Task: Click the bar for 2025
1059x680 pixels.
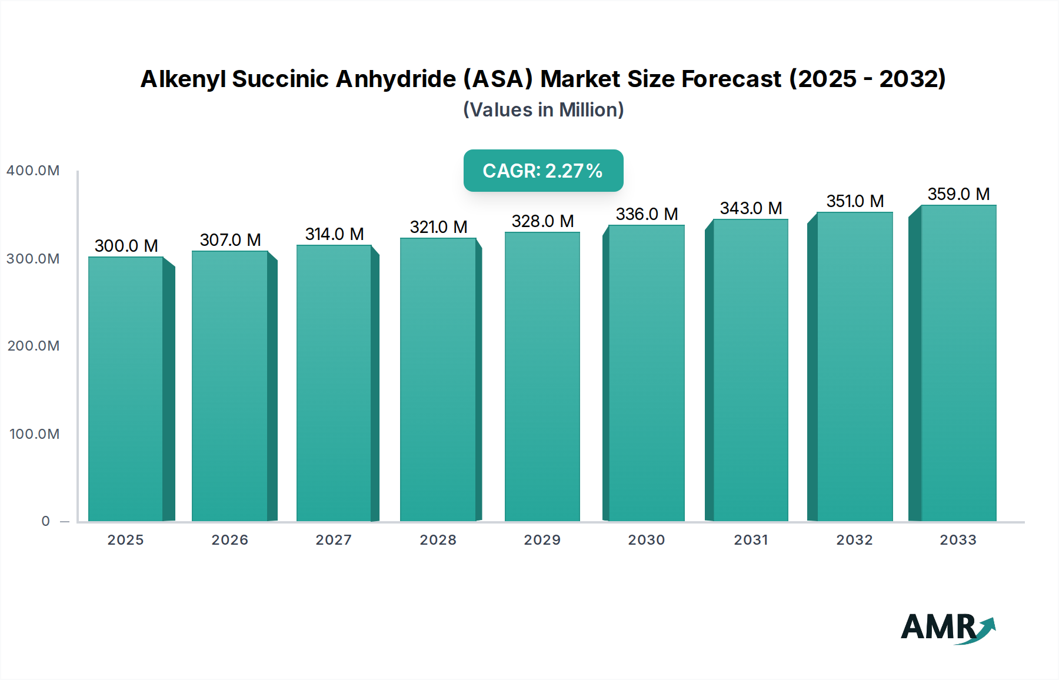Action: [126, 388]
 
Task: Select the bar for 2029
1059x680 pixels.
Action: [542, 376]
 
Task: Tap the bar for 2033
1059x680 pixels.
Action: [958, 363]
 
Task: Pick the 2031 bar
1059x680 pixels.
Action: [750, 370]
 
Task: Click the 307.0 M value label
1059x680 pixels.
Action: [230, 240]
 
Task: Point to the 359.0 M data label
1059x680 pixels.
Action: [958, 194]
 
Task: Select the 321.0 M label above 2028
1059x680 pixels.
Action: [438, 227]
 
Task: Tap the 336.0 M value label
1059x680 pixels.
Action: [647, 214]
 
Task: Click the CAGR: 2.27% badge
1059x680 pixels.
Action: [543, 171]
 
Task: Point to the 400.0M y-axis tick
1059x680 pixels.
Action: [33, 171]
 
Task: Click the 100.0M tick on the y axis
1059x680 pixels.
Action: [34, 434]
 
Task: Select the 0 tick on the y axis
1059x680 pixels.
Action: [45, 521]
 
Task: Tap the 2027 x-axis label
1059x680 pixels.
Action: [334, 540]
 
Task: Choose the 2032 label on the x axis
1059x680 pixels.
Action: [854, 540]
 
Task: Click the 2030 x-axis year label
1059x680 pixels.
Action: [646, 540]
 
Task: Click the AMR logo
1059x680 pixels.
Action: [947, 628]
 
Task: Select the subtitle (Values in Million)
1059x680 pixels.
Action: [543, 110]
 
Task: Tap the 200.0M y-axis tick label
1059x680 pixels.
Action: [34, 346]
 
